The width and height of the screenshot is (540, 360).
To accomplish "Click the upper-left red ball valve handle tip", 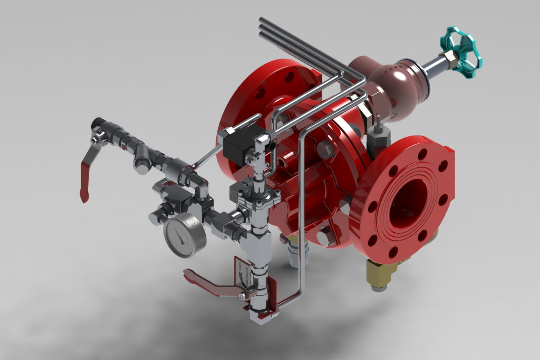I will [83, 195].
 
